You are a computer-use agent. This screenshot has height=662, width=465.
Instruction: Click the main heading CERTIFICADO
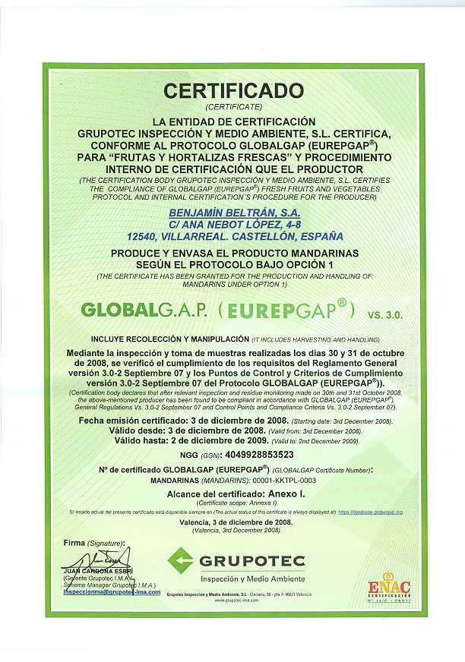coord(233,90)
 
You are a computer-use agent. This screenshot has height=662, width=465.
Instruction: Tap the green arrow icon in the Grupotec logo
coord(181,560)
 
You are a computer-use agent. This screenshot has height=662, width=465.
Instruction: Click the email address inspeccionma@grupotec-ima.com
coord(112,592)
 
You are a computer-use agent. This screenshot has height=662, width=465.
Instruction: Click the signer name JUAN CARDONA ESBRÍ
coord(99,570)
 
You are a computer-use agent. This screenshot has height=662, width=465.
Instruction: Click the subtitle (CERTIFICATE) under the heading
coord(233,107)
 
